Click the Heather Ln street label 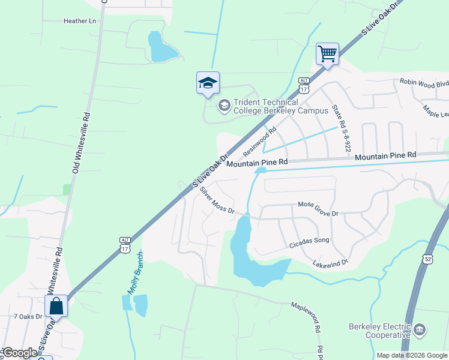[80, 21]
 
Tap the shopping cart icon [328, 53]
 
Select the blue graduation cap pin [208, 83]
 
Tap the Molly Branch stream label [134, 272]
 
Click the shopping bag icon [56, 306]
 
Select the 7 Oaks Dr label [28, 316]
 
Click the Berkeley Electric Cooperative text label [379, 331]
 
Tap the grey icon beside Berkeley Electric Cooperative [420, 329]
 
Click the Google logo [20, 353]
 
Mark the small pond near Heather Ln [161, 48]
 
